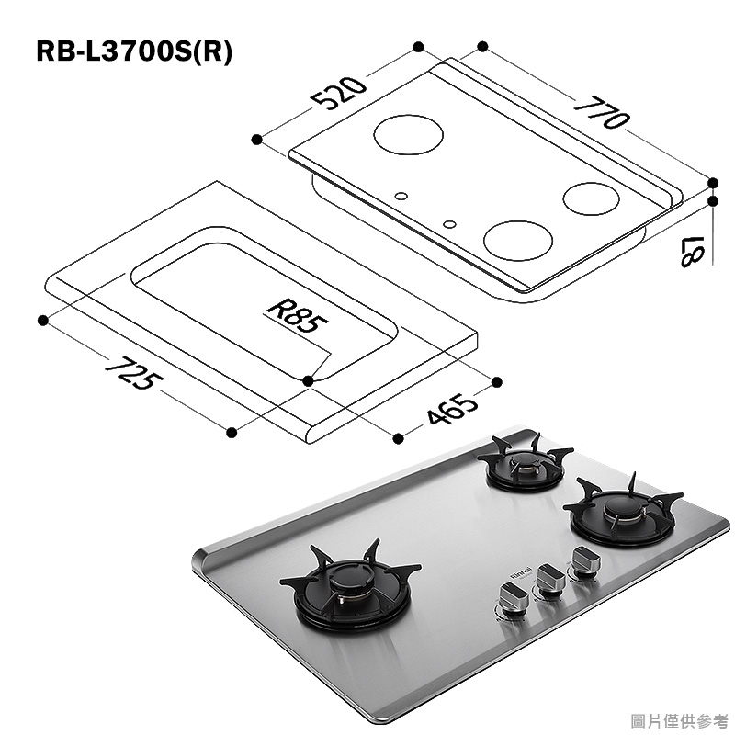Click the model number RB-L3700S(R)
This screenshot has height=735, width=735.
(x=134, y=51)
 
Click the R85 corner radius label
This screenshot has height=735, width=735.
(x=295, y=315)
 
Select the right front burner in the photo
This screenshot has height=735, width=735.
(x=622, y=515)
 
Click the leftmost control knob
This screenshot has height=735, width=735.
(x=513, y=598)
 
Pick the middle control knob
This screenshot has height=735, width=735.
(x=549, y=580)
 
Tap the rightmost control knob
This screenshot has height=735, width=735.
(x=583, y=560)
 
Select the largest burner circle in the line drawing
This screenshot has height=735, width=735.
(x=410, y=135)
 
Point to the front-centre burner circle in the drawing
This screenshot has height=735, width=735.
(x=519, y=242)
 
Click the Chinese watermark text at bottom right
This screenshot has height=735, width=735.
(x=682, y=719)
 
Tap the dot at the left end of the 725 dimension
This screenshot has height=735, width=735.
(x=42, y=320)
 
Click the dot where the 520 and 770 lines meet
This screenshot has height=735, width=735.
(x=418, y=45)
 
